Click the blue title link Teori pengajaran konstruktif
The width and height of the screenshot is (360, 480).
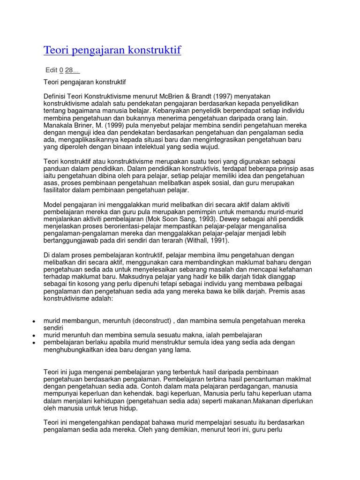click(x=112, y=50)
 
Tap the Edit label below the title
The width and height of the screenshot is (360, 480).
click(x=51, y=70)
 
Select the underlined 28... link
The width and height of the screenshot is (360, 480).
click(x=72, y=70)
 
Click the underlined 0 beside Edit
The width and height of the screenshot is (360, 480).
click(x=61, y=70)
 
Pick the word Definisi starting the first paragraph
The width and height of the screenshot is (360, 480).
click(x=55, y=96)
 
